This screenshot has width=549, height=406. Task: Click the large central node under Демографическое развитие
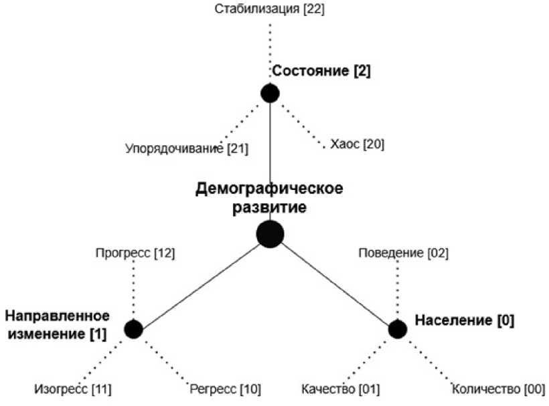[x=270, y=234]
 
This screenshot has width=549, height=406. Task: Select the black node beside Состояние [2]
[x=270, y=93]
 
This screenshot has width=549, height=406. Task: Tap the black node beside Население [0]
[x=398, y=329]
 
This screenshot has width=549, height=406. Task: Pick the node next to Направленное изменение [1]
[x=133, y=329]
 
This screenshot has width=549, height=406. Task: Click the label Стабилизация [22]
[x=270, y=9]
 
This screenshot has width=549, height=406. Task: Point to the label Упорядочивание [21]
[x=186, y=148]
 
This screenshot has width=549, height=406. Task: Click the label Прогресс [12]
[x=135, y=253]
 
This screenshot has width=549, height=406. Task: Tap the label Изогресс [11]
[x=73, y=389]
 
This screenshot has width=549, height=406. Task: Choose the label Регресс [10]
[x=225, y=389]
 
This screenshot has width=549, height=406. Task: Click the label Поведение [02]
[x=403, y=253]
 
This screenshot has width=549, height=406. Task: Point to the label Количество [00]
[x=499, y=389]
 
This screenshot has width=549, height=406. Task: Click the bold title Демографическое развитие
[x=269, y=198]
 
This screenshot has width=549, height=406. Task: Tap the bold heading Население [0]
[x=465, y=320]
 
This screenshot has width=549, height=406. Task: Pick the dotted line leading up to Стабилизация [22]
[x=270, y=50]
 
